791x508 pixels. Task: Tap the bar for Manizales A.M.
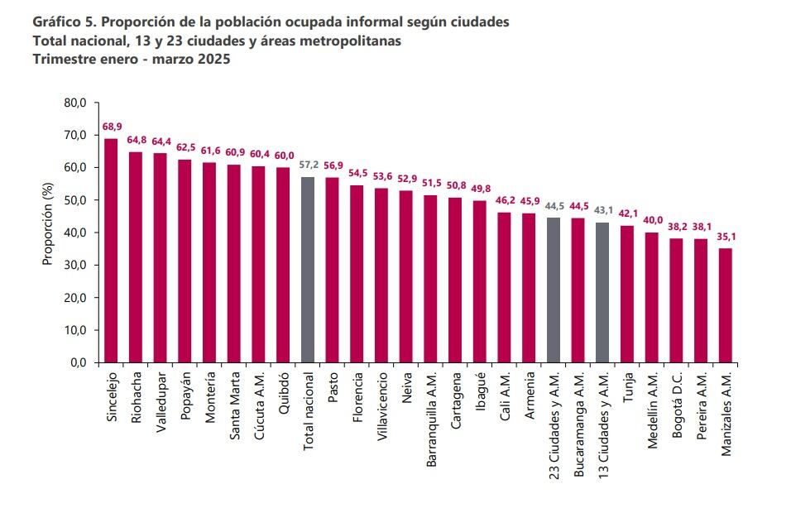726,305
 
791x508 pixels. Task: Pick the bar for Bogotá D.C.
676,300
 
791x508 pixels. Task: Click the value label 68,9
112,127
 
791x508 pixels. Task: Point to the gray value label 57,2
308,165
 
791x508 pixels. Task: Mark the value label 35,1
726,237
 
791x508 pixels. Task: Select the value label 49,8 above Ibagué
480,189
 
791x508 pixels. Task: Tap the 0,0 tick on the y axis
77,362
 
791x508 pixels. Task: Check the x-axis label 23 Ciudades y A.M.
554,425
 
